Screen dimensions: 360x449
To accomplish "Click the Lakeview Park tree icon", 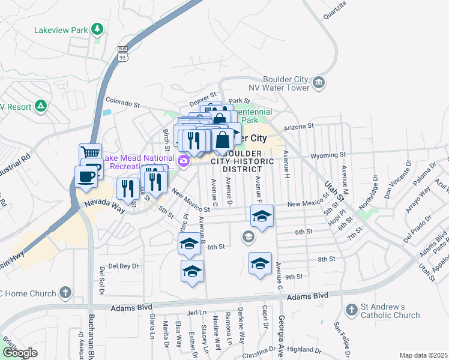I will [x=96, y=29].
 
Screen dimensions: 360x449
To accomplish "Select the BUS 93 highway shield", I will [x=122, y=53].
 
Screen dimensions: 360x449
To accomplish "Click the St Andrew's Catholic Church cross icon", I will [x=352, y=310].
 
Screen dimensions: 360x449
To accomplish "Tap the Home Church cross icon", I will [x=65, y=293].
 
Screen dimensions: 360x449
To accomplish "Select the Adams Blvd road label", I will [x=308, y=296].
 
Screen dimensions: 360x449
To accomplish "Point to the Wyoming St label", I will [x=328, y=156].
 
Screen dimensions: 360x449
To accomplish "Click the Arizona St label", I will [x=299, y=127].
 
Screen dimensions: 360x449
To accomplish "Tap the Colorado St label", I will [x=122, y=103].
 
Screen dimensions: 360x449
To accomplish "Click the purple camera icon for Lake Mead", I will [x=184, y=161].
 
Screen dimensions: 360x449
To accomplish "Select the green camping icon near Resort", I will [x=40, y=106].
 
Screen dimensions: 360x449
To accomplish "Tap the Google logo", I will [x=19, y=353].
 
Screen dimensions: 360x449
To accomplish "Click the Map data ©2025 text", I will [x=423, y=355].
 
